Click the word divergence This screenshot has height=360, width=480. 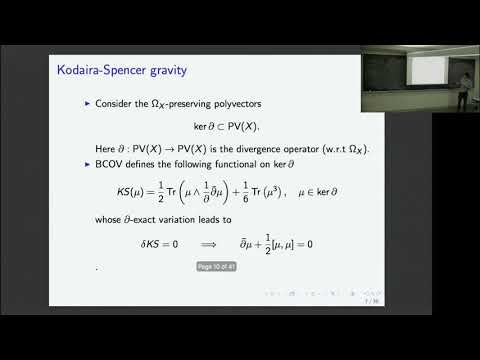[x=261, y=148]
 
